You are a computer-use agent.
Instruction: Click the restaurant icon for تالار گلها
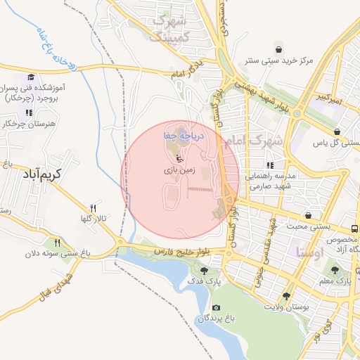coord(92,209)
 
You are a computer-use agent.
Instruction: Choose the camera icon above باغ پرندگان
coord(215,308)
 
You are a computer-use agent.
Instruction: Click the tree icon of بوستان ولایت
coord(285,296)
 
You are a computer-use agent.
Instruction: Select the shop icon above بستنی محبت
coord(307,214)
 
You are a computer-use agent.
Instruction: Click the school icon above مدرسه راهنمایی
coord(269,165)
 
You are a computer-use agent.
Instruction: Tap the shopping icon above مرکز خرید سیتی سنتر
coord(279,50)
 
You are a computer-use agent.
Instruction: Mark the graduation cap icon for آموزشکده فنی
coord(30,77)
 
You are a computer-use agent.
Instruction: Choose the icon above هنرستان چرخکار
coord(29,112)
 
